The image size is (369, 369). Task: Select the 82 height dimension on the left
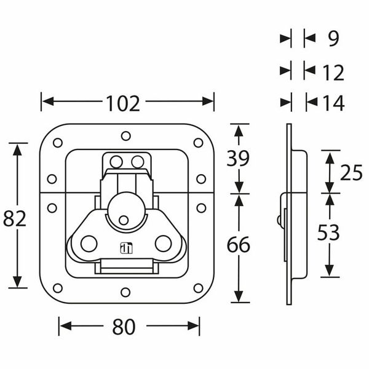(x=15, y=218)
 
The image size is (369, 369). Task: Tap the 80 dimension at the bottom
(x=124, y=327)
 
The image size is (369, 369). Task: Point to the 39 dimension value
(x=239, y=159)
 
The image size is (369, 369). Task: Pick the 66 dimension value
(x=239, y=245)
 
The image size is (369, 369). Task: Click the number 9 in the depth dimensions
(x=333, y=39)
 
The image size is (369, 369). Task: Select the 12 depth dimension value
(x=333, y=73)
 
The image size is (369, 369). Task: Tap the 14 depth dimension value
(x=333, y=103)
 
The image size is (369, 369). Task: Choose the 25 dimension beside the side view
(x=351, y=173)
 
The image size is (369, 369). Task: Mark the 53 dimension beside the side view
(x=328, y=232)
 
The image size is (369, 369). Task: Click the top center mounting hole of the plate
(x=125, y=135)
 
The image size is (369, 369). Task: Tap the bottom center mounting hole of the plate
(x=125, y=292)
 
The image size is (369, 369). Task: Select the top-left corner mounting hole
(x=58, y=143)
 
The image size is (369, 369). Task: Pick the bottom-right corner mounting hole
(x=198, y=287)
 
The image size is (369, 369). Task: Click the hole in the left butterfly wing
(x=89, y=243)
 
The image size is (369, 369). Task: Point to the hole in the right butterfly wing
(x=162, y=243)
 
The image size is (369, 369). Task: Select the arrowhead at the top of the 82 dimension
(x=18, y=148)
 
